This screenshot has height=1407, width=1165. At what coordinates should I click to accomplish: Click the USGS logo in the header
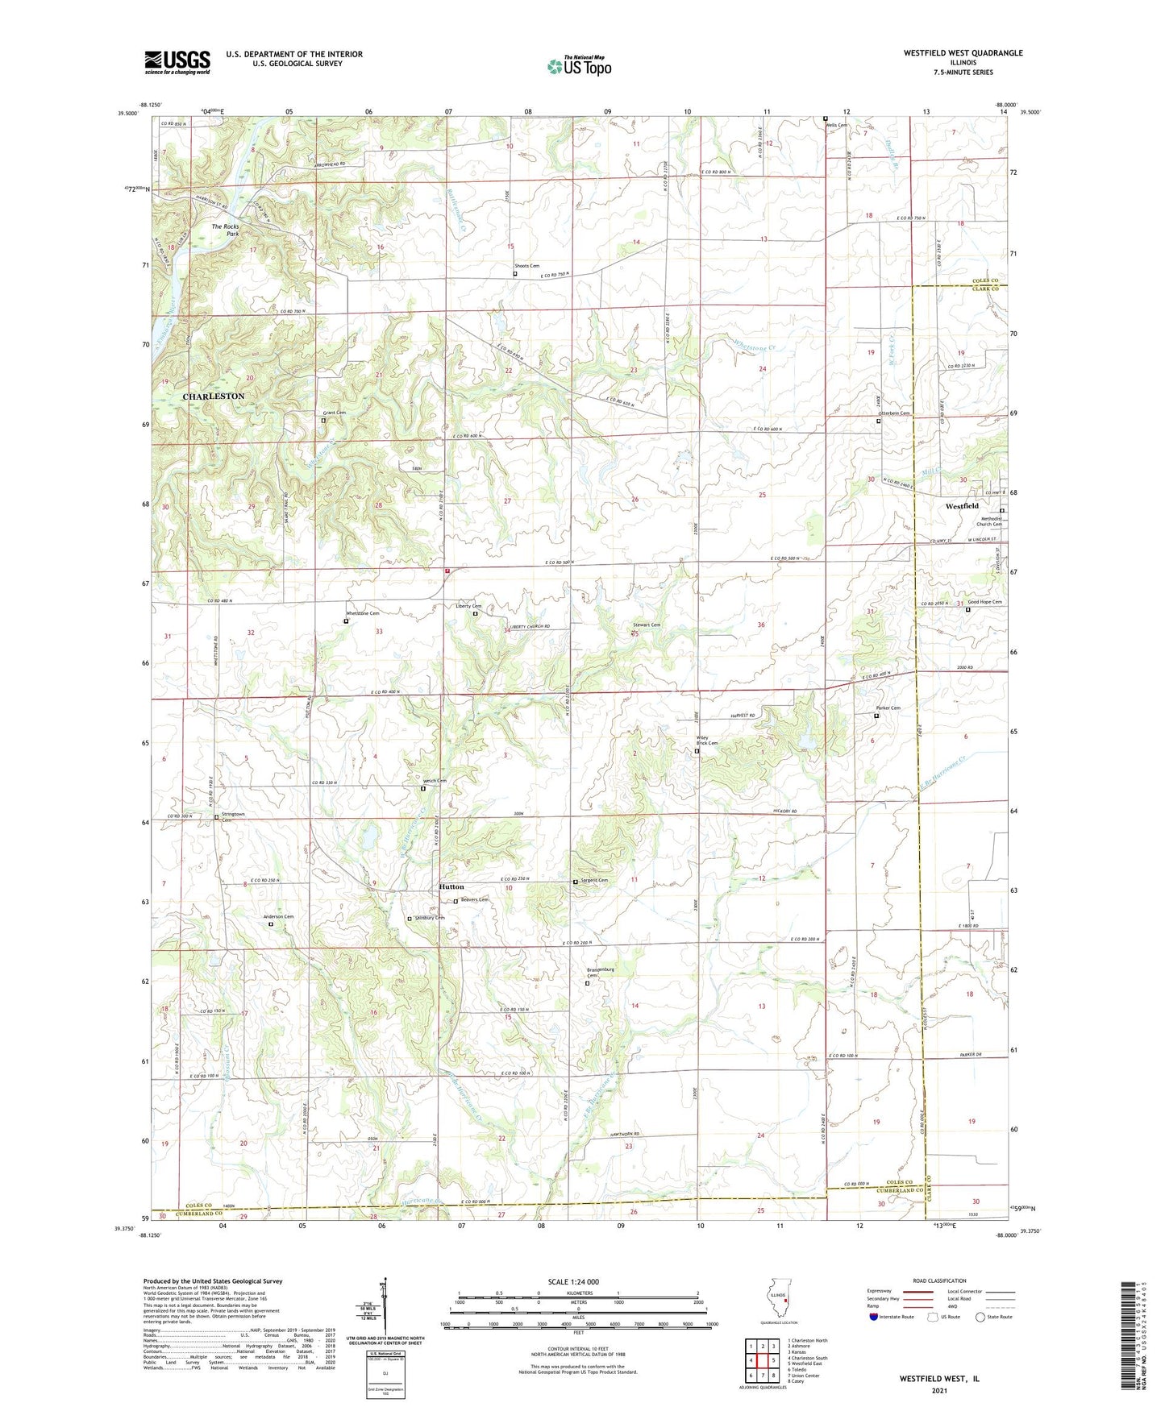click(177, 62)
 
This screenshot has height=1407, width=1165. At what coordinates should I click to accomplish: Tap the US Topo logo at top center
click(578, 66)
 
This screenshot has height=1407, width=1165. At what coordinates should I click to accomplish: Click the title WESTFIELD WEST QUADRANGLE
click(963, 53)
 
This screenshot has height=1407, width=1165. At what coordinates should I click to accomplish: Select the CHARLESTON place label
click(213, 396)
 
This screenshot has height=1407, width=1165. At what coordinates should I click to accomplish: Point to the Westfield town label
click(962, 506)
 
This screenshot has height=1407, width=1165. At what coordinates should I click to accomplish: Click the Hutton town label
click(451, 886)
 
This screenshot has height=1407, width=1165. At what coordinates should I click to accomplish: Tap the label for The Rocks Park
click(225, 230)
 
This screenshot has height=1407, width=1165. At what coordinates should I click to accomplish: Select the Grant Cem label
click(335, 413)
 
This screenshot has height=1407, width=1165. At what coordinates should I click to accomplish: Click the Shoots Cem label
click(527, 266)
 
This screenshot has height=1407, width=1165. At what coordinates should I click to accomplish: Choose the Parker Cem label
click(888, 708)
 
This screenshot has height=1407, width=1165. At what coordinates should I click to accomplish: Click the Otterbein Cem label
click(893, 413)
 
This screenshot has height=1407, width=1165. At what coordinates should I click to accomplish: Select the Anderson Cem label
click(278, 917)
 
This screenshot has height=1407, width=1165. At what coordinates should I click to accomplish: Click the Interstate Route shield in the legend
click(874, 1317)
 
